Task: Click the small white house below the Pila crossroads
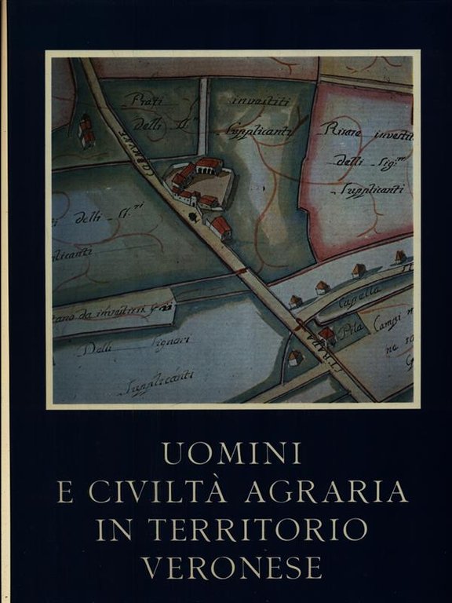pos(295,358)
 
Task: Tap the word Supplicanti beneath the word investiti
pos(262,131)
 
